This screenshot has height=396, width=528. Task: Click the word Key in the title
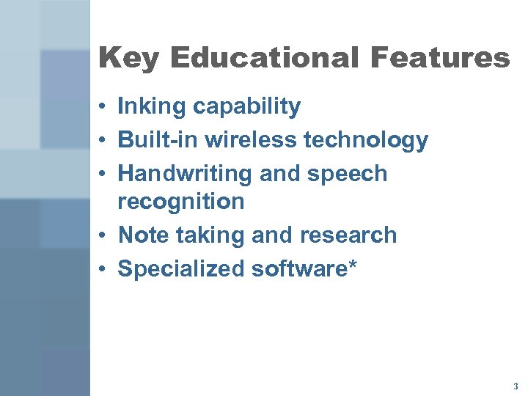click(127, 58)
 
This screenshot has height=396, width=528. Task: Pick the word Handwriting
click(183, 174)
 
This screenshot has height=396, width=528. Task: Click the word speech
click(347, 175)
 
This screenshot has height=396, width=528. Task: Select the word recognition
click(180, 201)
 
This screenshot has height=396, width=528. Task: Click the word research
click(349, 235)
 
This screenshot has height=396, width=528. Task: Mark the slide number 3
click(516, 386)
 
